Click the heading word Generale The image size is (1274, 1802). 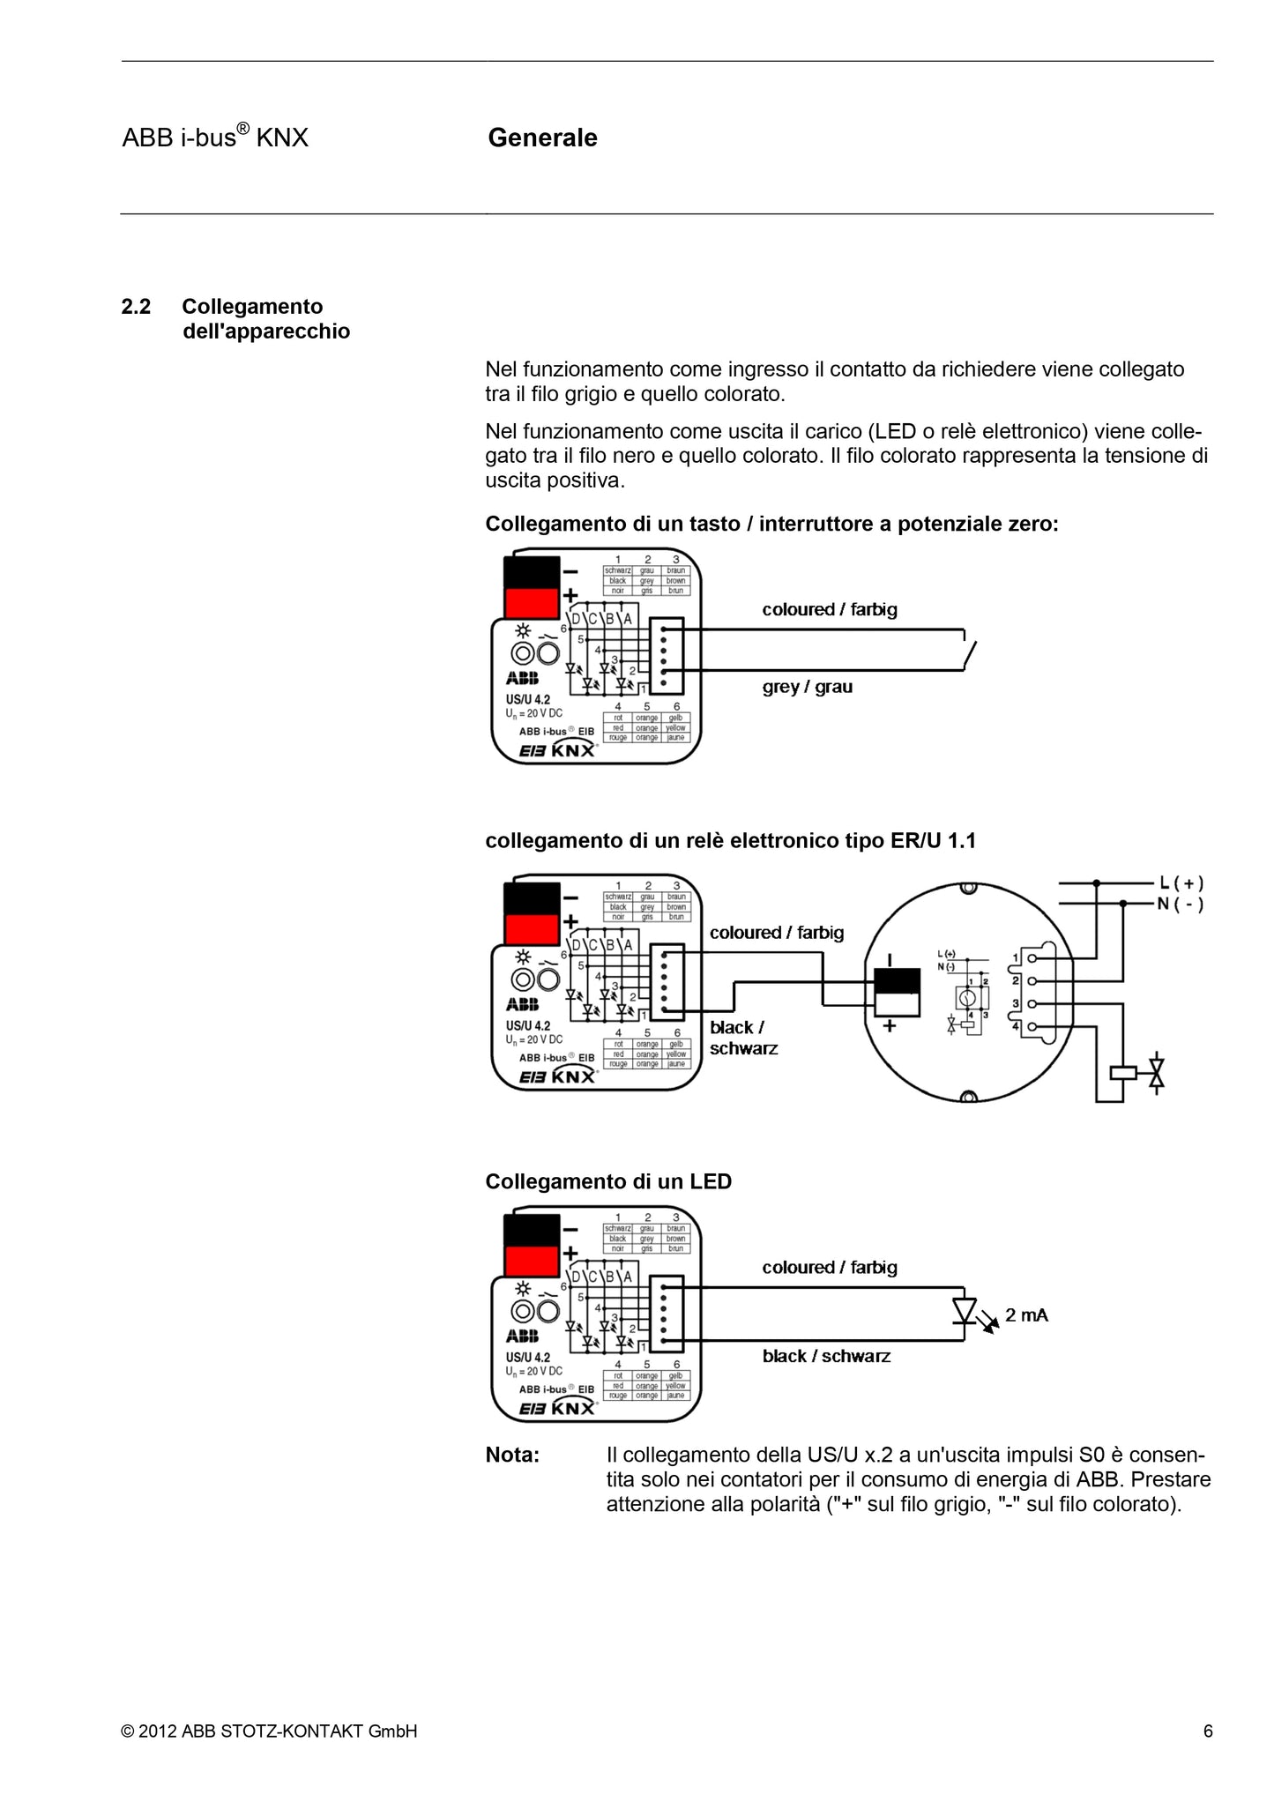click(x=542, y=138)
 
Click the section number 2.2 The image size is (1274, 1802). click(x=136, y=307)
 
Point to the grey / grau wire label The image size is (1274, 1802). click(x=807, y=687)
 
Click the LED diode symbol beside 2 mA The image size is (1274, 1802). click(x=965, y=1311)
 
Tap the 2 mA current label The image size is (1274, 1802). click(x=1026, y=1315)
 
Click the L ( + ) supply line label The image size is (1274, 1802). click(x=1181, y=882)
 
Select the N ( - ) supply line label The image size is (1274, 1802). click(x=1181, y=904)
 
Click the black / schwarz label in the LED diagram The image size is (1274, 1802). click(x=826, y=1356)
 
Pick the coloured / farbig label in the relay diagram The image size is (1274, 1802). click(x=776, y=933)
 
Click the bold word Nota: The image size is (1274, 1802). click(x=512, y=1455)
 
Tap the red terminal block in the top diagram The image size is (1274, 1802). click(x=532, y=602)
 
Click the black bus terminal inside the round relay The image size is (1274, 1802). click(x=898, y=981)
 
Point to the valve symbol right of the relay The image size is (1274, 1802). click(x=1157, y=1073)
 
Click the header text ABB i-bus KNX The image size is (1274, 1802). click(x=215, y=138)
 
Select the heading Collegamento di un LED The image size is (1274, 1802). click(x=608, y=1181)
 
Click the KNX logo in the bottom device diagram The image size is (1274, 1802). click(x=573, y=1408)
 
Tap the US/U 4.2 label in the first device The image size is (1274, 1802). click(x=527, y=699)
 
